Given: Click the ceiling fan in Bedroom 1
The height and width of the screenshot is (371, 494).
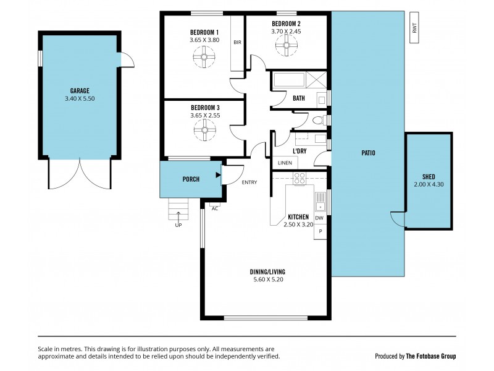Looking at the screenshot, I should [204, 59].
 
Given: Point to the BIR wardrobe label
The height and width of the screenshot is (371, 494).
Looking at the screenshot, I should [237, 43].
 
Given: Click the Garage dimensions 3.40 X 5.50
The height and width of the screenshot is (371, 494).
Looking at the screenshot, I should [80, 98].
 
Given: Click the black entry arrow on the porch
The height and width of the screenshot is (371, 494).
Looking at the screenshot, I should [218, 176].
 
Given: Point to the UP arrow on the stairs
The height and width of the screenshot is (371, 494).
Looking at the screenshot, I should [179, 216].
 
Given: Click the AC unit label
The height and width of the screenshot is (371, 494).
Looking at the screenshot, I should [215, 208].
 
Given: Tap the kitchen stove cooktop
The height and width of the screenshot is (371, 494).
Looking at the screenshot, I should [299, 179].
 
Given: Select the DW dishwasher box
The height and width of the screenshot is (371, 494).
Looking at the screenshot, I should [319, 218].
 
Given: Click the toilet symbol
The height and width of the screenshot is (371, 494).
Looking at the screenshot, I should [317, 121].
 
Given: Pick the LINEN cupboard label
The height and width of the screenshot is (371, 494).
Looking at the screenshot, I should [285, 163].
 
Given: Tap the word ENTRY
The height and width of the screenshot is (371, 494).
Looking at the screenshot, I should [249, 182].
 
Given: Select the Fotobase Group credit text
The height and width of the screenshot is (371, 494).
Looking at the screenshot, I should [415, 356].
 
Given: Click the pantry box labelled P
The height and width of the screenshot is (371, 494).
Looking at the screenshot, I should [320, 231].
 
